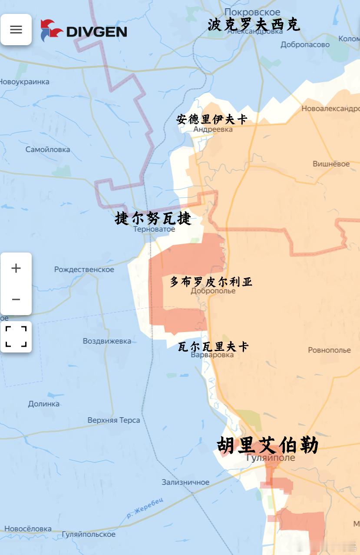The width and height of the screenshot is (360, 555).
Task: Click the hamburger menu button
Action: [x=16, y=30]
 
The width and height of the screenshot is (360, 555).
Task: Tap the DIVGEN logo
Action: [x=84, y=31]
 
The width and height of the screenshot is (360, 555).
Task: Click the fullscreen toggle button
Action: [x=16, y=337]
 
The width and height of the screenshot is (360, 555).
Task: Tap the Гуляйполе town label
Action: [x=270, y=458]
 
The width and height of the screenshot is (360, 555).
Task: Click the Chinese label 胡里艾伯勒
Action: [x=268, y=445]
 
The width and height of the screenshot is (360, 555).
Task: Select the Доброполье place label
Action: [x=213, y=291]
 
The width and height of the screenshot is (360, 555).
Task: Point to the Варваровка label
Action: [x=212, y=355]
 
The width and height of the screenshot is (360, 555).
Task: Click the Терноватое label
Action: [x=154, y=229]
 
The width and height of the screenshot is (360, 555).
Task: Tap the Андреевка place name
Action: [x=213, y=129]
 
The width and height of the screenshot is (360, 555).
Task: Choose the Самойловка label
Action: [x=48, y=150]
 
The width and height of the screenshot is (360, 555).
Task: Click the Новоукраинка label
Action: [x=25, y=82]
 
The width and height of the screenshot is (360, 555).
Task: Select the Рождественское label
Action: [x=84, y=269]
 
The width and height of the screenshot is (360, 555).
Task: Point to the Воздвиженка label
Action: [x=107, y=341]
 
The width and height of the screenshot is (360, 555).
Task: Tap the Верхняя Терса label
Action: [x=114, y=420]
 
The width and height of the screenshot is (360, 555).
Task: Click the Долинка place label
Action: [x=44, y=404]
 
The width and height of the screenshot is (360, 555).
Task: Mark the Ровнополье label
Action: [x=329, y=350]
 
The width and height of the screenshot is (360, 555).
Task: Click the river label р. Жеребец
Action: [x=145, y=508]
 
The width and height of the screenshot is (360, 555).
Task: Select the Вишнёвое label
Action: [x=331, y=164]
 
